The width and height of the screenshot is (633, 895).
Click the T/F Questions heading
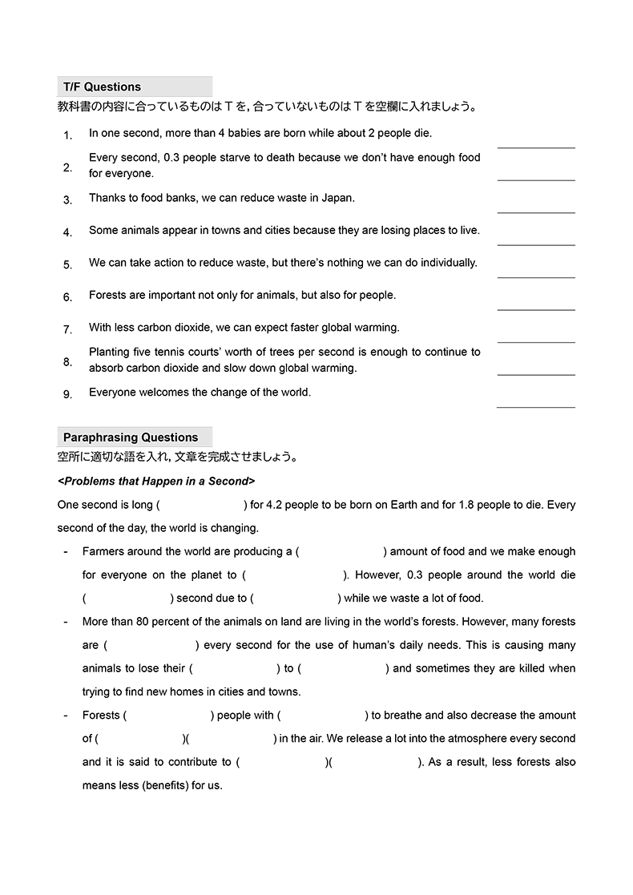[102, 87]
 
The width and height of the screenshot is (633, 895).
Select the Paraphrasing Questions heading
[131, 437]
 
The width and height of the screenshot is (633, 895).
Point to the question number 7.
[68, 329]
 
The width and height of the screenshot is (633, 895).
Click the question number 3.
[68, 200]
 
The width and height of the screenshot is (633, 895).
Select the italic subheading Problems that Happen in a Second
[156, 482]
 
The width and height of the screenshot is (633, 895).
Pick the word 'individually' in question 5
[447, 263]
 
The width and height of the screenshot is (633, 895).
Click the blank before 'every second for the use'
[151, 646]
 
